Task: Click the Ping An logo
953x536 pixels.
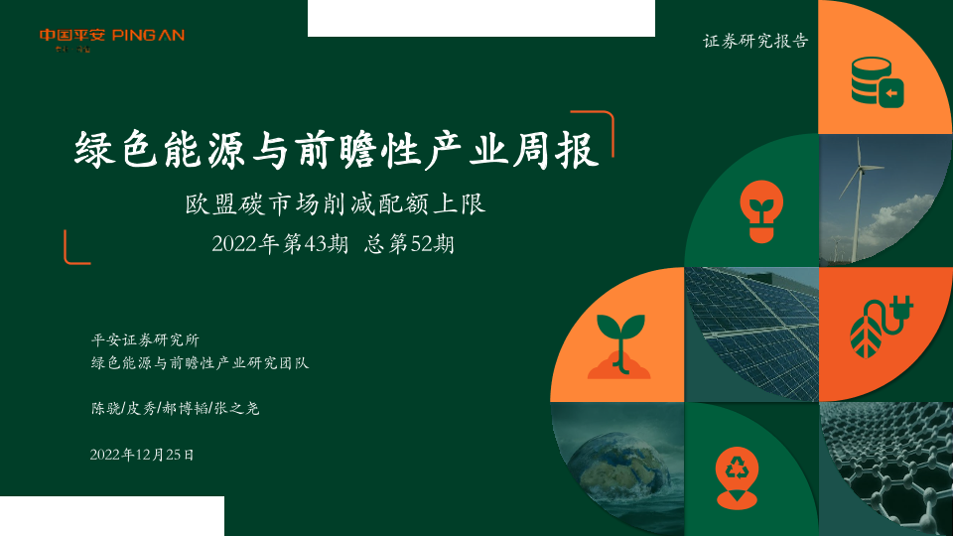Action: [112, 40]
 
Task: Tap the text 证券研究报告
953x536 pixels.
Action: [755, 41]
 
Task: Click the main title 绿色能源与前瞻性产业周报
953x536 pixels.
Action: [337, 150]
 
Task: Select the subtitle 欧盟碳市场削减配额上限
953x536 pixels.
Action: [336, 204]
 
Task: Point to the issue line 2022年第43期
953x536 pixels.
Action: [280, 244]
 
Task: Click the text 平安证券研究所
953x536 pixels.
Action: [145, 339]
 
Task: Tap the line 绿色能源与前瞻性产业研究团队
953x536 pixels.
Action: [200, 363]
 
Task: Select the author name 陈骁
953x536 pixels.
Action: [106, 408]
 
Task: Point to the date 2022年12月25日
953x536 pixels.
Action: [142, 455]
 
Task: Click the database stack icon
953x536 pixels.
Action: [877, 82]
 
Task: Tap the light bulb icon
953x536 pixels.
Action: [761, 211]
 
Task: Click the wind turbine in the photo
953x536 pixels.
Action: [858, 195]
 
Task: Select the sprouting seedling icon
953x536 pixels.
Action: [619, 346]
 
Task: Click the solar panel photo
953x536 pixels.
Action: [751, 335]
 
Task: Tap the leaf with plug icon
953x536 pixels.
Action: [882, 327]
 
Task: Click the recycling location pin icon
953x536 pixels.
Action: [737, 477]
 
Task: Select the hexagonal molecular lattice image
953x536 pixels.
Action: [886, 469]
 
